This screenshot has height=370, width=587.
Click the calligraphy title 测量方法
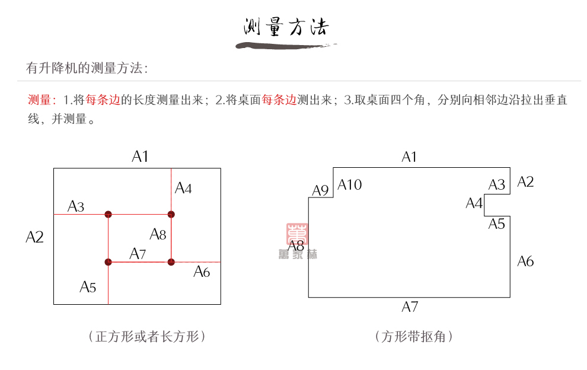pos(286,27)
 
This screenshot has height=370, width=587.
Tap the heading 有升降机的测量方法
pos(87,68)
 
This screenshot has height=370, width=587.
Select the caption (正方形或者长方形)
pos(146,337)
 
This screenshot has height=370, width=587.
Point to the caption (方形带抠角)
pos(414,337)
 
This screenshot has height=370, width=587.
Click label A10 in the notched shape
pos(350,185)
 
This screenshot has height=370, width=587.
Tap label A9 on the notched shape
pos(320,191)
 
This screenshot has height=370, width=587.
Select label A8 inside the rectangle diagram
pos(158,234)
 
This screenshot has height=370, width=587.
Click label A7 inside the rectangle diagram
pos(138,254)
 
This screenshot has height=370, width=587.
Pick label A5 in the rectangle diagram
pos(88,288)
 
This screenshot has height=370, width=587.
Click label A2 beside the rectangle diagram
pos(35,237)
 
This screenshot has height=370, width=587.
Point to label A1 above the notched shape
pos(409,157)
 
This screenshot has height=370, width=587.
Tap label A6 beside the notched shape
pos(525,261)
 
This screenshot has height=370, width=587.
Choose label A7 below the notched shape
pos(410,307)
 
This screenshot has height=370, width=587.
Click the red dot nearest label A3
pos(108,214)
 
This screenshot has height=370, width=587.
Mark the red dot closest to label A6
pos(171,261)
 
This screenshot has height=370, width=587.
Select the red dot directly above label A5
pos(108,261)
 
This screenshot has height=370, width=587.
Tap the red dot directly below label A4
pos(171,214)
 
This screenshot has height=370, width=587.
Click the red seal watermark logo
pos(296,234)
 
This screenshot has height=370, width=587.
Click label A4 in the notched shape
pos(474,204)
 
